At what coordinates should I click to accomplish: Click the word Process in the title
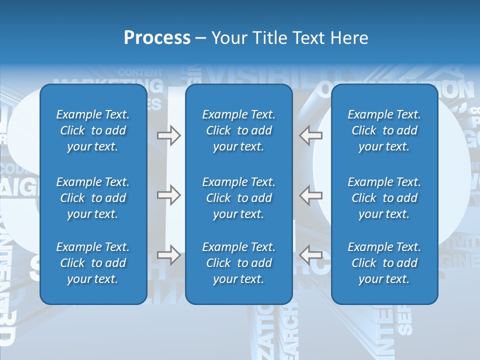point(157,38)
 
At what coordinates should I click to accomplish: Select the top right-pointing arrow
point(168,135)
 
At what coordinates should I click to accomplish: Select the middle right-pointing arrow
point(168,195)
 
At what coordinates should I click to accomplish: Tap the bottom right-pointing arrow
point(168,255)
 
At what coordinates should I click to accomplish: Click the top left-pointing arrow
point(311,135)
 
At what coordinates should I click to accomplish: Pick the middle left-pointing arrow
point(311,195)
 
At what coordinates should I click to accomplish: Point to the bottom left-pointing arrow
point(311,255)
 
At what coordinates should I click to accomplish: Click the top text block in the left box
point(93,130)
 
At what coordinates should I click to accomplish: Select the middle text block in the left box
point(93,198)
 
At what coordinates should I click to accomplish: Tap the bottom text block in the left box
point(93,263)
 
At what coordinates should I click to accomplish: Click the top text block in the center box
point(238,130)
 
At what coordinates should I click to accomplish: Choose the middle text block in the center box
point(238,198)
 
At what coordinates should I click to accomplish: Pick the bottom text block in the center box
point(238,263)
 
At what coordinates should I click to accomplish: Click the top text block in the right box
point(384,130)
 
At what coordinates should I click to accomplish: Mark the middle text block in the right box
point(384,198)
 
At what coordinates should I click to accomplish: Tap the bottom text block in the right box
point(384,263)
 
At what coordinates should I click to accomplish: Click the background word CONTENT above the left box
point(140,72)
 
